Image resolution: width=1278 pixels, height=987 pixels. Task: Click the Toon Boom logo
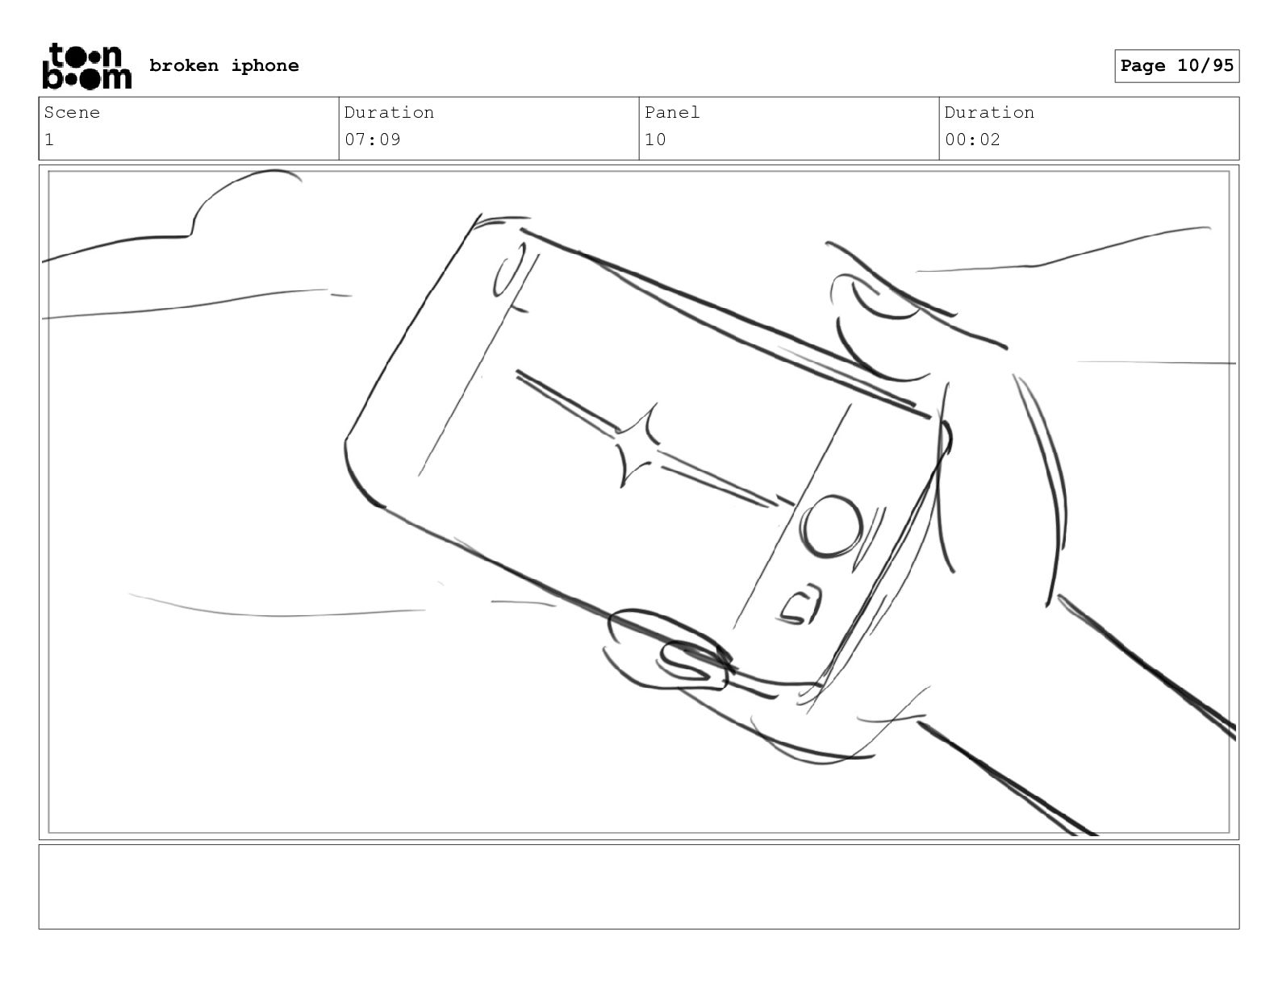[87, 66]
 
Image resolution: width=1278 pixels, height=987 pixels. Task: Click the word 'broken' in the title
[183, 65]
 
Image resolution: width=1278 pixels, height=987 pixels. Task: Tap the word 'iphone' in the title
[265, 66]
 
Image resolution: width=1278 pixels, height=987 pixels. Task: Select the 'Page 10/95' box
[1177, 66]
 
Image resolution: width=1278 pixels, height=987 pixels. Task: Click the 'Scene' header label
[72, 112]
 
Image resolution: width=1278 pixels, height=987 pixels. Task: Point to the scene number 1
[49, 140]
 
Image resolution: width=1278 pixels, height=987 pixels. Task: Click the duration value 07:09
[372, 140]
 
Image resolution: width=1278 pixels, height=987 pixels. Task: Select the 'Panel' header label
[671, 112]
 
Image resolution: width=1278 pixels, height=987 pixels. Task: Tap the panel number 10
[655, 140]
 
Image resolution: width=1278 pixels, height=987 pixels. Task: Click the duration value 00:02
[972, 140]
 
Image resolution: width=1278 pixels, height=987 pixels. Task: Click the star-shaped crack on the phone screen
[637, 446]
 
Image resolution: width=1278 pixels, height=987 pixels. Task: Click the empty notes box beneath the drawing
[639, 886]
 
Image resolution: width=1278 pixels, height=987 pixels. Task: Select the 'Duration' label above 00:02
[989, 112]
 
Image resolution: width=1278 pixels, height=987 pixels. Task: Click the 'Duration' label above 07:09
[389, 112]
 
